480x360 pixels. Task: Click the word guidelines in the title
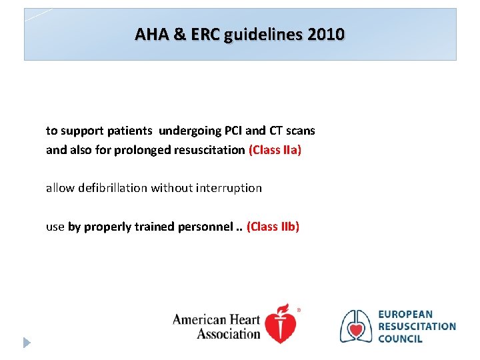point(262,34)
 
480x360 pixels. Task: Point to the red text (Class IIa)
point(275,150)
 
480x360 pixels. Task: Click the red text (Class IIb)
point(273,227)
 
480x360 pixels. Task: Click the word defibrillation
point(113,188)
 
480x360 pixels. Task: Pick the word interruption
point(229,188)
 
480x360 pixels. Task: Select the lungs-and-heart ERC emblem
point(356,326)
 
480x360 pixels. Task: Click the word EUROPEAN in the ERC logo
point(405,314)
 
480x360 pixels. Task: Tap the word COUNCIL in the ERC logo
point(400,339)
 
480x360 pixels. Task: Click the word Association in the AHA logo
point(228,333)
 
